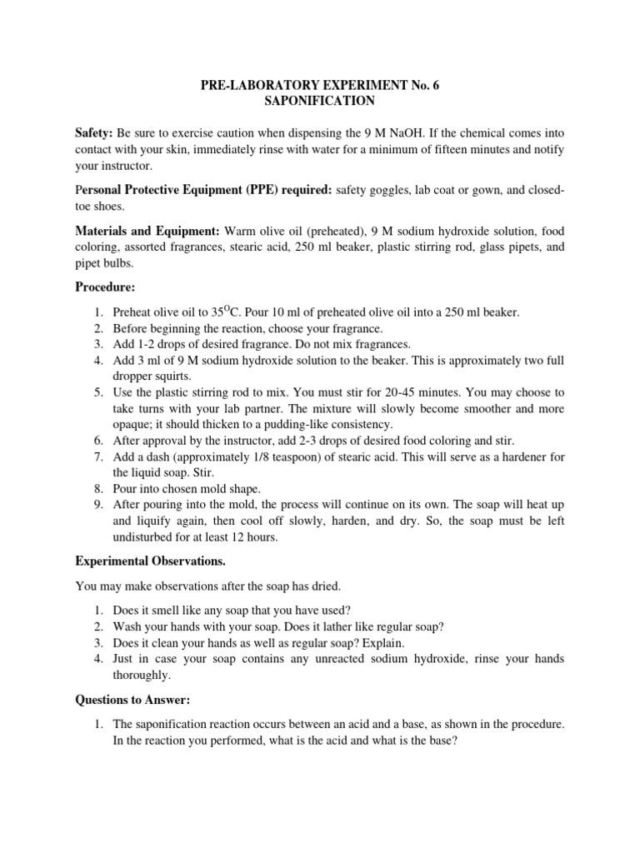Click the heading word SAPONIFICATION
coord(320,102)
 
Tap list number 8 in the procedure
coord(97,489)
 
